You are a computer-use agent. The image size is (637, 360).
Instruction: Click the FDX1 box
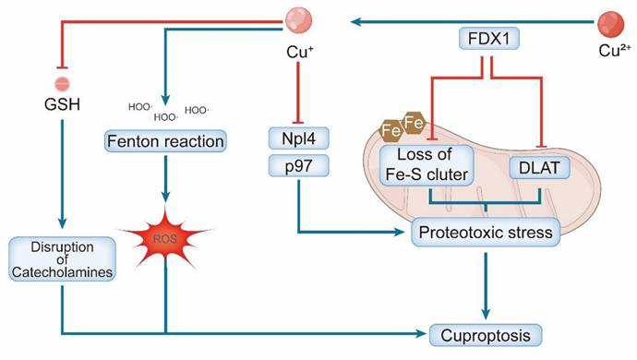[489, 39]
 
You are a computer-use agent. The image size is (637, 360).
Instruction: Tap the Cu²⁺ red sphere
[610, 25]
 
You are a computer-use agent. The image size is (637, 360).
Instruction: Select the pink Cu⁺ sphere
[298, 20]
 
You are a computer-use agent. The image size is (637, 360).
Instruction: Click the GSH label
[62, 104]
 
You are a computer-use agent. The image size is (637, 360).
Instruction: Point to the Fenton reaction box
[165, 141]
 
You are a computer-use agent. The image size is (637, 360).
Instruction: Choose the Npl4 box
[298, 138]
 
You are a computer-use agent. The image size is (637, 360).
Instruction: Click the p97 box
[298, 166]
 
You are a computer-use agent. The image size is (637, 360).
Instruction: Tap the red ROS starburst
[165, 238]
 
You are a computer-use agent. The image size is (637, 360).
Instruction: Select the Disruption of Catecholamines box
[62, 259]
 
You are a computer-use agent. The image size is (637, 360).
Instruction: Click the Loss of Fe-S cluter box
[427, 164]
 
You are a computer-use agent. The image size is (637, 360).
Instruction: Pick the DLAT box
[539, 167]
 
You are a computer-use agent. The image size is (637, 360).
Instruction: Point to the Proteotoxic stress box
[486, 233]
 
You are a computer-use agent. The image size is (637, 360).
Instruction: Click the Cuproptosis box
[486, 335]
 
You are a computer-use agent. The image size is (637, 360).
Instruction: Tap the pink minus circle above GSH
[62, 84]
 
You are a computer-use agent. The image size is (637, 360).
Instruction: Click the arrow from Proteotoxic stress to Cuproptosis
[486, 286]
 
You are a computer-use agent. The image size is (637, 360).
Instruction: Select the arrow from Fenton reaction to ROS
[165, 179]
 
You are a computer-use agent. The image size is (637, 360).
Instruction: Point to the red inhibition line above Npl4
[298, 92]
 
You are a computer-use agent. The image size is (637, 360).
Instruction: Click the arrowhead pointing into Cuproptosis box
[419, 334]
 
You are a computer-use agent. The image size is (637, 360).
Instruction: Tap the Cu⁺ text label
[300, 52]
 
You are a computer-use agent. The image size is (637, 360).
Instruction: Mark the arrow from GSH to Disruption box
[62, 174]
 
